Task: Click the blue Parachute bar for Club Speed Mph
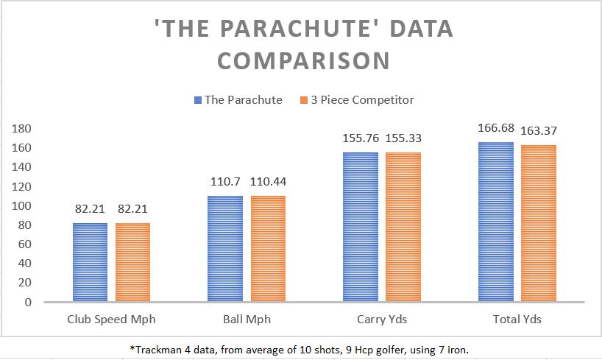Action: pyautogui.click(x=91, y=262)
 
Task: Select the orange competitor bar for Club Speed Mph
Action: pyautogui.click(x=132, y=262)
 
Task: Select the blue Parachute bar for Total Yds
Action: pyautogui.click(x=495, y=222)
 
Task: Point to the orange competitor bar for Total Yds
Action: pyautogui.click(x=539, y=223)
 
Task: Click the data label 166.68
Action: pyautogui.click(x=495, y=130)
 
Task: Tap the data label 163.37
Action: pyautogui.click(x=538, y=130)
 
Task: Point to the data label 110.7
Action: pyautogui.click(x=225, y=182)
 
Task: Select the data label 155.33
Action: pyautogui.click(x=403, y=138)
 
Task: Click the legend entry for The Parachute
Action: pyautogui.click(x=238, y=100)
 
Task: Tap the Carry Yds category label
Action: pyautogui.click(x=381, y=320)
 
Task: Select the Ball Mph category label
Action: pyautogui.click(x=246, y=320)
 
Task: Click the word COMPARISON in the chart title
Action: pyautogui.click(x=302, y=61)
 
